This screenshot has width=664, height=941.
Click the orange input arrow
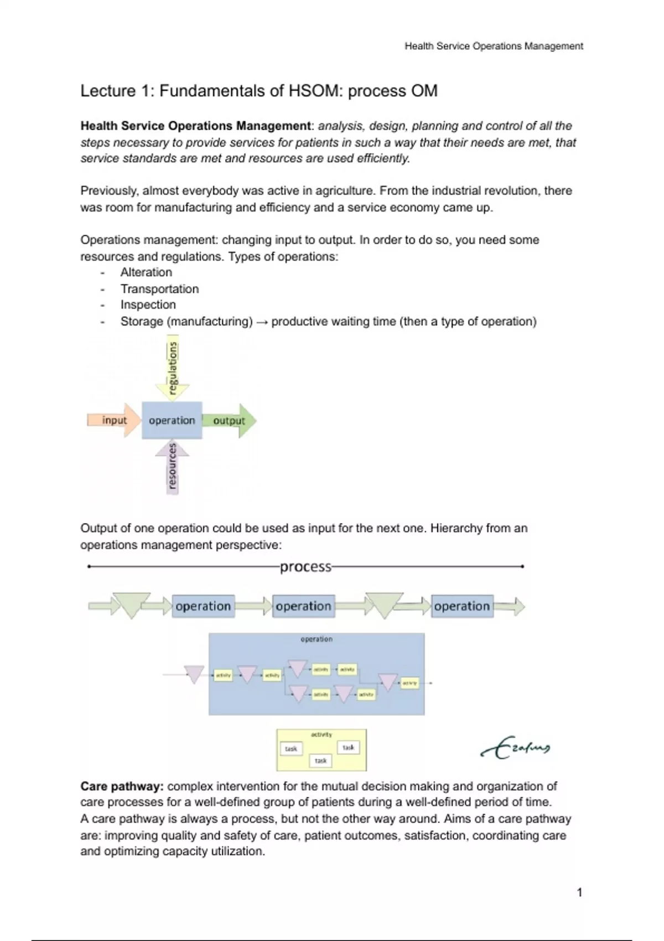[x=113, y=421]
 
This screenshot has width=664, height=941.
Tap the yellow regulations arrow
[x=173, y=370]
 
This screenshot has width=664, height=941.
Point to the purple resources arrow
[x=173, y=466]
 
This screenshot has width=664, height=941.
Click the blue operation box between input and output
[x=172, y=421]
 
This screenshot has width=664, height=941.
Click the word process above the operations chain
[x=305, y=567]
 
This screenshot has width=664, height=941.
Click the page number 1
[x=579, y=892]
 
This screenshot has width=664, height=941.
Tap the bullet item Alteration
[x=146, y=272]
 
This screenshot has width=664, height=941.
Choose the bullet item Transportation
[x=159, y=289]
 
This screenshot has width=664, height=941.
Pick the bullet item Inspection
[x=148, y=305]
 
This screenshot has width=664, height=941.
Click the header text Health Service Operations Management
[x=494, y=46]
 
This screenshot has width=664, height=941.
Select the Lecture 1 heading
[x=259, y=91]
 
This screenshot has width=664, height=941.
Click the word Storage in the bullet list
[x=142, y=322]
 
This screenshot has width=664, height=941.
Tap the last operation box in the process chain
[x=461, y=607]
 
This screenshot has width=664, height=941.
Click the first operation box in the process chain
[x=203, y=607]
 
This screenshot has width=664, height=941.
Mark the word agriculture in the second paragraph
[x=344, y=191]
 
